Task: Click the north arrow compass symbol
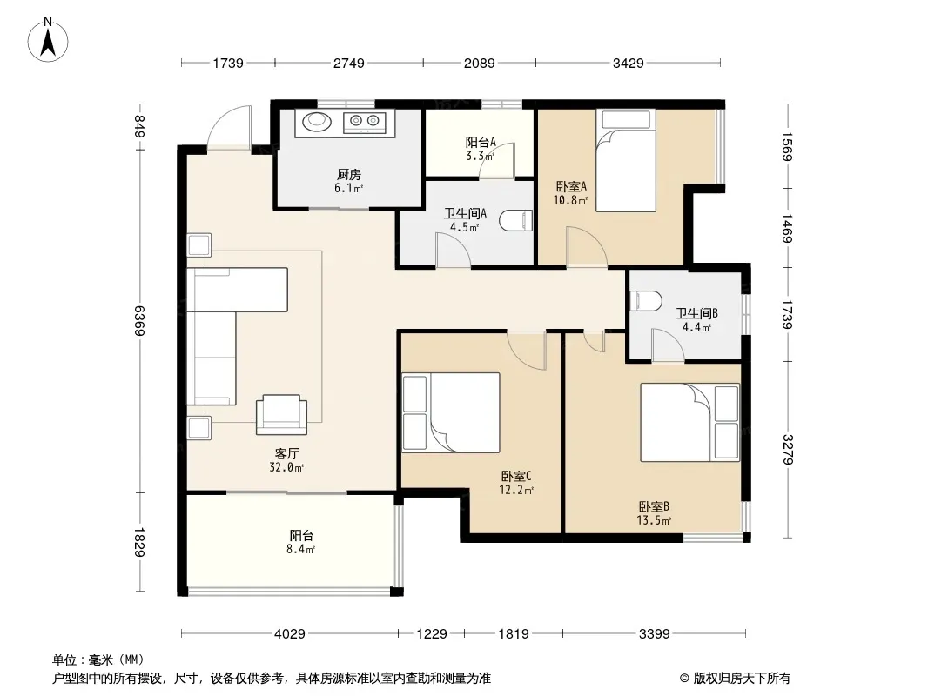coord(48,40)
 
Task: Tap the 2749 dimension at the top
coord(348,63)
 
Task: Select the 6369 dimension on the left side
coord(139,320)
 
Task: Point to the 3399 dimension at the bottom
coord(654,634)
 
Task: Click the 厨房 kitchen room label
coord(348,175)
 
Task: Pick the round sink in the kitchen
coord(319,122)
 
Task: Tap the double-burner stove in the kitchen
coord(365,123)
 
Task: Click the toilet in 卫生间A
coord(517,221)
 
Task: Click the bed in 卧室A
coord(626,161)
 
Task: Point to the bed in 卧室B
coord(690,422)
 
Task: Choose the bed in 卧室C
coord(451,412)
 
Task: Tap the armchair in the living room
coord(282,414)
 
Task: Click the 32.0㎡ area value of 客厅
coord(286,468)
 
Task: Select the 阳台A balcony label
coord(481,143)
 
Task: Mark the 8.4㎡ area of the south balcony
coord(300,549)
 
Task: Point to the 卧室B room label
coord(654,506)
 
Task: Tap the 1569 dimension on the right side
coord(787,146)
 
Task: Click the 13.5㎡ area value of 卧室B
coord(654,521)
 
